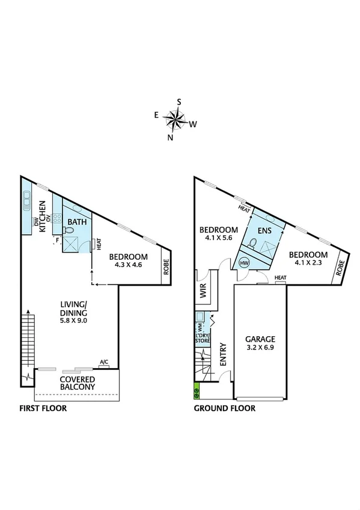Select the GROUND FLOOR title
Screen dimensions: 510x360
tap(224, 408)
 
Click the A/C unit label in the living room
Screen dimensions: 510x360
tap(104, 363)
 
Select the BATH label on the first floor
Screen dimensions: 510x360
tap(77, 222)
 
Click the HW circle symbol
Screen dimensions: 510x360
tap(245, 263)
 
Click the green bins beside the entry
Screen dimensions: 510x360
tap(196, 392)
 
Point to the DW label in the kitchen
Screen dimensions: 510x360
tap(36, 225)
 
